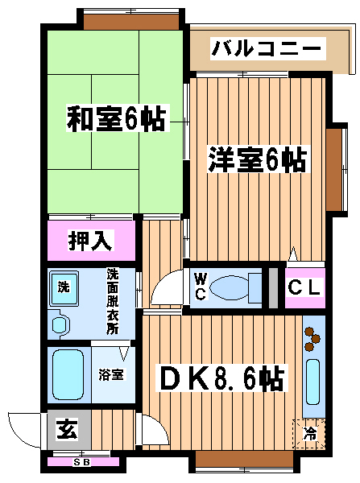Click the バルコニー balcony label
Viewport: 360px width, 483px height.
click(267, 48)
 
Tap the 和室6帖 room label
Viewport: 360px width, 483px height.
click(117, 118)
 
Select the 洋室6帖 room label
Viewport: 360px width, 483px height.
click(259, 159)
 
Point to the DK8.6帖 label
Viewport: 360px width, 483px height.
click(221, 378)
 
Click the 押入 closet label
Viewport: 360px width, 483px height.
click(91, 240)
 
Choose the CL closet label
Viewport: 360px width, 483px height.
click(304, 287)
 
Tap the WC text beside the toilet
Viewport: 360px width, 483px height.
click(201, 287)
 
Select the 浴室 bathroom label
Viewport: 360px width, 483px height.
click(111, 375)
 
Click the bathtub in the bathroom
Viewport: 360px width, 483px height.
click(68, 375)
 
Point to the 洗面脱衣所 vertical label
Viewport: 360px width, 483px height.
click(113, 302)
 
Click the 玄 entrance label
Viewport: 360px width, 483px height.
click(68, 429)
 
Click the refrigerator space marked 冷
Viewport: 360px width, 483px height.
click(308, 434)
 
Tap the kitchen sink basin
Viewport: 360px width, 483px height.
click(312, 382)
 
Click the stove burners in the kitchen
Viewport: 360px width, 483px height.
click(312, 339)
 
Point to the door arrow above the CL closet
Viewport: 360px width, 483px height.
click(293, 254)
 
